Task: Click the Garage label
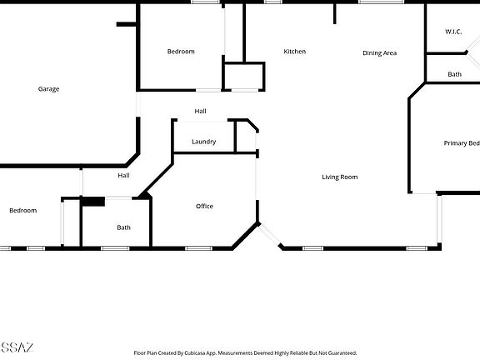48,89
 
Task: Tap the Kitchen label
294,52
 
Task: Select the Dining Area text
379,53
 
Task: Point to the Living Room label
340,177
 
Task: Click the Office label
204,206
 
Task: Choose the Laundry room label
203,142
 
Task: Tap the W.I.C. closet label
453,32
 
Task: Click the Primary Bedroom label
462,143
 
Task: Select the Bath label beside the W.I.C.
454,74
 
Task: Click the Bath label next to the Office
123,227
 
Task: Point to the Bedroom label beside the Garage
181,52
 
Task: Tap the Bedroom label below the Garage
23,210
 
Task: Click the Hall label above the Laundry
200,111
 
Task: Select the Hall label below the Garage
123,176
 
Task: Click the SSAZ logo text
17,347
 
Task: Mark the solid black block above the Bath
92,201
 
